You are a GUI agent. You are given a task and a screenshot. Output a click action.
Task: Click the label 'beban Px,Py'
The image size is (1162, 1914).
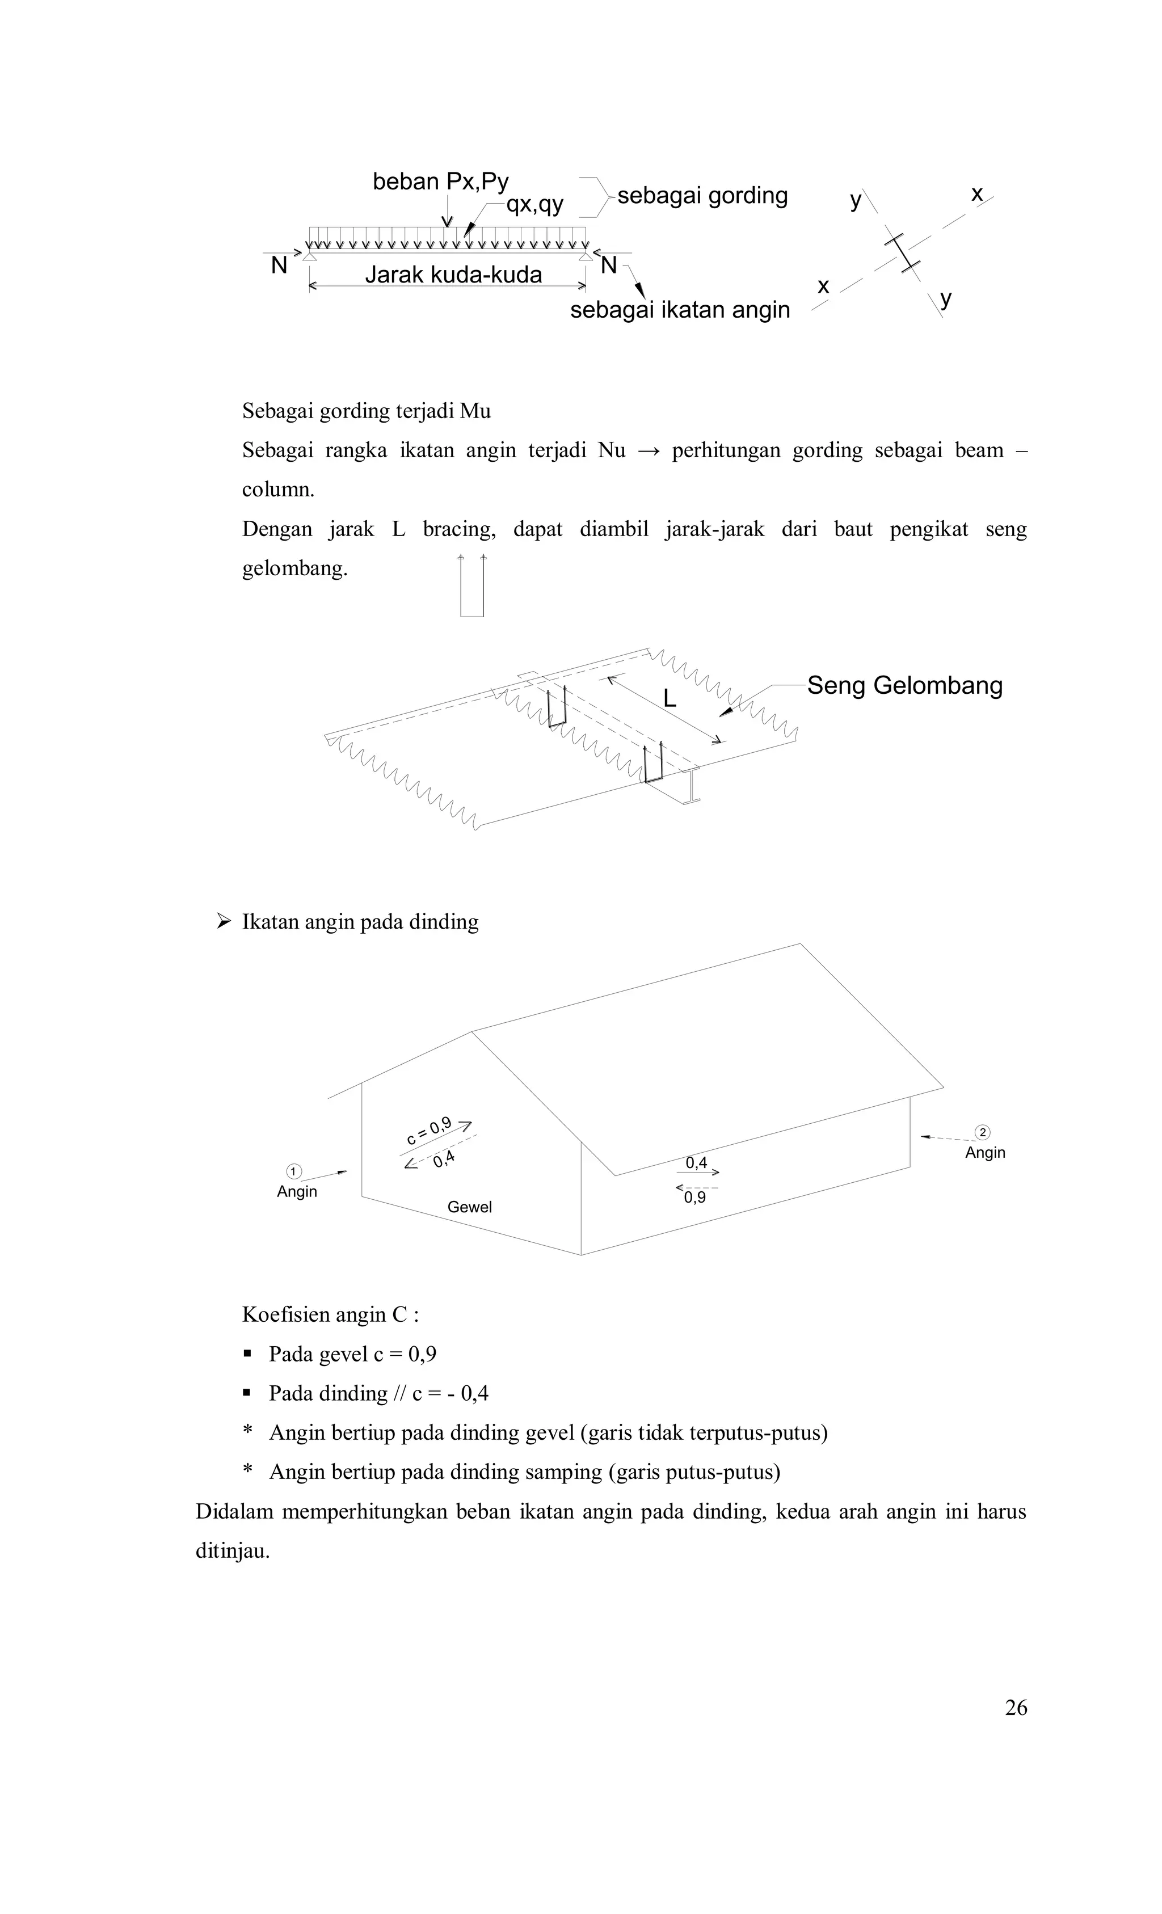pos(440,182)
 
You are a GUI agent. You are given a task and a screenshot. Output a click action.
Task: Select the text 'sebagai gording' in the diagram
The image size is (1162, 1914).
pos(702,195)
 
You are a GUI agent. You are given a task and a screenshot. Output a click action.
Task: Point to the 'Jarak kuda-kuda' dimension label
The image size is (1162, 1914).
pos(453,274)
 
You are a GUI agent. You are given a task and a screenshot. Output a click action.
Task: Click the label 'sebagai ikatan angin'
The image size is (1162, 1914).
pos(680,310)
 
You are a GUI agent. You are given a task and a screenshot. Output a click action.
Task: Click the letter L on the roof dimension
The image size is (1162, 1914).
pos(670,699)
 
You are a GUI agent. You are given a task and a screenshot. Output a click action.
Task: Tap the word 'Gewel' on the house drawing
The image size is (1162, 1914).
pos(469,1207)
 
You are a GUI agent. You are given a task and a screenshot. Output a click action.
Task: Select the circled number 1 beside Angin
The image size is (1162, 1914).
pos(293,1171)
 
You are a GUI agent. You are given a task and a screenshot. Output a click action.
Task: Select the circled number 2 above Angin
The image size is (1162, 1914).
pos(983,1132)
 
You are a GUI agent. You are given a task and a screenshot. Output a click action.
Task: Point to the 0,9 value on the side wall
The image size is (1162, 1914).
pos(695,1198)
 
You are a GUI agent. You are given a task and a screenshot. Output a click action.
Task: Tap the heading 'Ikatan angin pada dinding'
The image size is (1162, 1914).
pos(360,921)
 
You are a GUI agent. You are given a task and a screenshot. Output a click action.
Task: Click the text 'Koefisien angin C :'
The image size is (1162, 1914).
pos(331,1314)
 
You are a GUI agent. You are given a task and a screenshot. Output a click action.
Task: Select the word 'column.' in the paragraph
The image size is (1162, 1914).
pos(278,490)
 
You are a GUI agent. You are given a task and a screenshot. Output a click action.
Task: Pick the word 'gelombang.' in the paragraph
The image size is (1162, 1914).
pos(294,568)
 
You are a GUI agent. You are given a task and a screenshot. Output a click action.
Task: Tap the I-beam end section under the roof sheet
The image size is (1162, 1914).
pos(691,786)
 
